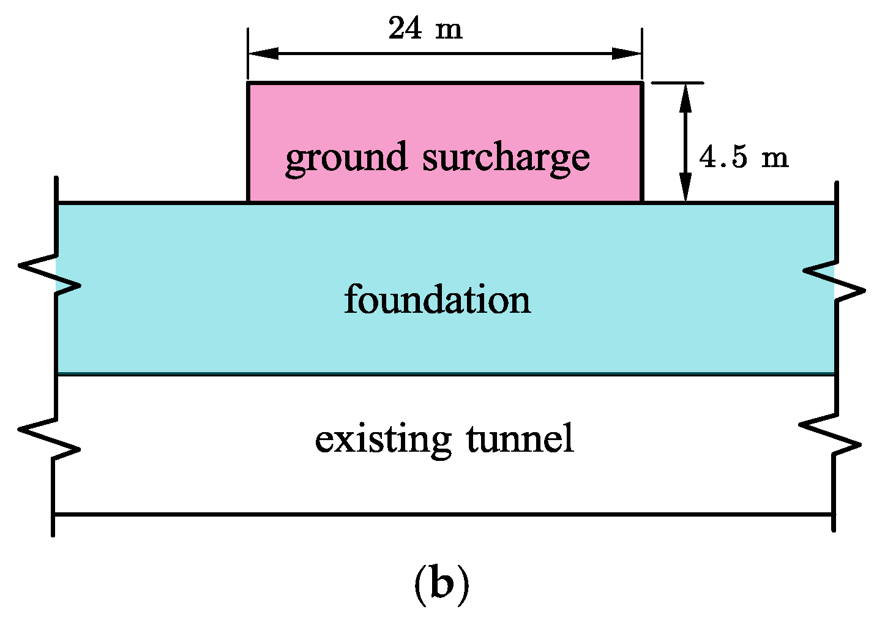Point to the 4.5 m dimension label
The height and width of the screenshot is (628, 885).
coord(744,157)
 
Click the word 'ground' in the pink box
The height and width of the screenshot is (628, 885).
coord(346,158)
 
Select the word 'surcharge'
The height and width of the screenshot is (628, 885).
coord(506,158)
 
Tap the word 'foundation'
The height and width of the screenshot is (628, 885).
coord(437,300)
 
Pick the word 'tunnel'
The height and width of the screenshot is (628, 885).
coord(520,439)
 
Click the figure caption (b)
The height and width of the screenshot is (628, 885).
coord(442,585)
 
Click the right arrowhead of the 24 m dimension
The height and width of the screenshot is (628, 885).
coord(627,54)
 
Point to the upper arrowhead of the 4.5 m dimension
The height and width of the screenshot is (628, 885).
coord(685,98)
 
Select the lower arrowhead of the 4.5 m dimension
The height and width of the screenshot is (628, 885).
coord(685,187)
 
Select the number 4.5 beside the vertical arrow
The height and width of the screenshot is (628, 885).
coord(723,157)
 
